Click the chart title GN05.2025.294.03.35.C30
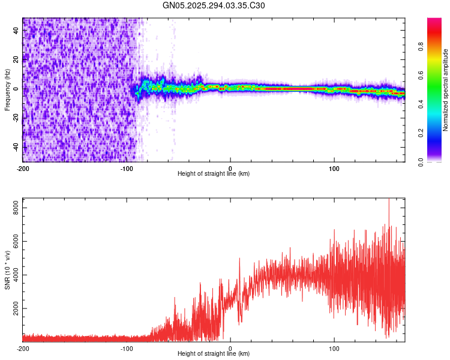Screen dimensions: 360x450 pyautogui.click(x=214, y=5)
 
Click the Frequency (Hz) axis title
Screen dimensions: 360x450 pyautogui.click(x=7, y=90)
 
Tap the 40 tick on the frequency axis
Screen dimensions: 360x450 pyautogui.click(x=16, y=31)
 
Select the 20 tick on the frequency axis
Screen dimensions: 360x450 pyautogui.click(x=16, y=59)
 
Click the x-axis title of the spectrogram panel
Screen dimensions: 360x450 pyautogui.click(x=214, y=174)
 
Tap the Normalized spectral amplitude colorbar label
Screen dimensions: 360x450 pyautogui.click(x=446, y=90)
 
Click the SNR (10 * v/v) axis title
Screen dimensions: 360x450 pyautogui.click(x=7, y=269)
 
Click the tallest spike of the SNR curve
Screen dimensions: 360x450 pyautogui.click(x=389, y=200)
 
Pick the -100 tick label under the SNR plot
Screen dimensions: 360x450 pyautogui.click(x=127, y=348)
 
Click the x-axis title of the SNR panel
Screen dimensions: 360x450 pyautogui.click(x=214, y=355)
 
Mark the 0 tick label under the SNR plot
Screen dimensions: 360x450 pyautogui.click(x=230, y=348)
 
